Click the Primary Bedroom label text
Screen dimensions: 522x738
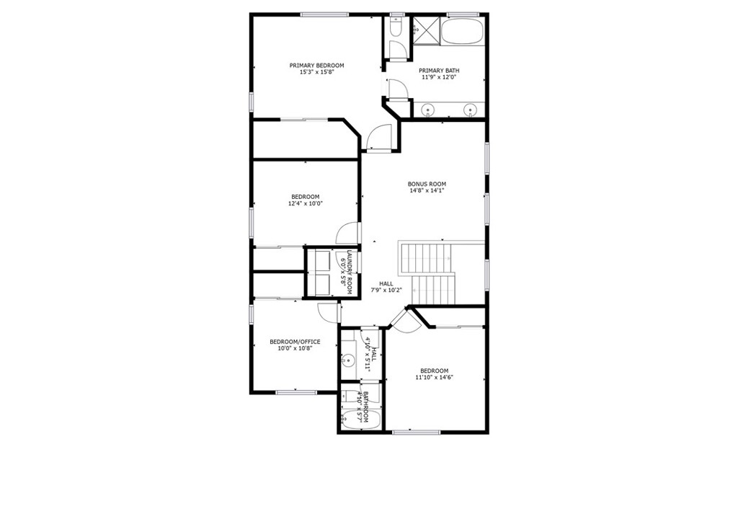(x=317, y=65)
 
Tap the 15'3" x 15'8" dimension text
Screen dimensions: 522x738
(x=317, y=72)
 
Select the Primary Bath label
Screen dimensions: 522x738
(x=439, y=70)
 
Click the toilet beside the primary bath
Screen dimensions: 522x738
(x=396, y=28)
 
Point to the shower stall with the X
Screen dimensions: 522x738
(x=424, y=30)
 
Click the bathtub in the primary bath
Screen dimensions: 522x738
(x=462, y=31)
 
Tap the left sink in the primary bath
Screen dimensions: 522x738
(x=429, y=110)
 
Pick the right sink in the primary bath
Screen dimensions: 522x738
(x=470, y=110)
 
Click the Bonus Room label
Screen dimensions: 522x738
(x=427, y=184)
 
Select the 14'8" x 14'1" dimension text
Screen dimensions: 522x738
(x=427, y=191)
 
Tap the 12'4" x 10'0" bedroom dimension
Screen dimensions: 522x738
(x=305, y=203)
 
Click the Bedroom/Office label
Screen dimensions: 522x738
(x=295, y=342)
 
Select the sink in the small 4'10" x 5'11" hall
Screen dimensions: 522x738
(x=348, y=358)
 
